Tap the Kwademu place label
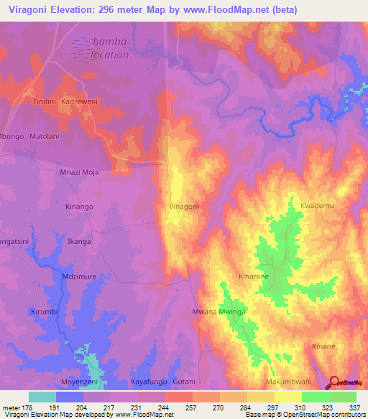[318, 206]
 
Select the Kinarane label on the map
[254, 276]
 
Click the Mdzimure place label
[80, 276]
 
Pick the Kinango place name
[80, 207]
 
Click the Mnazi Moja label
[78, 172]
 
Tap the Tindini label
[45, 102]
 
